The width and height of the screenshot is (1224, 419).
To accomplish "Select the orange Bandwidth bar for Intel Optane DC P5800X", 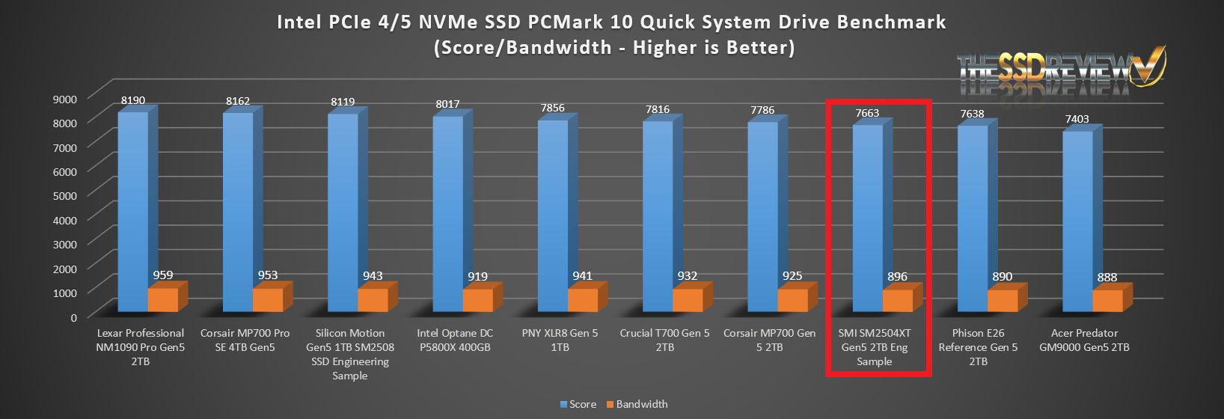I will [x=477, y=300].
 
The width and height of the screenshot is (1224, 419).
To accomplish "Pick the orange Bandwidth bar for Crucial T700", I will [x=687, y=300].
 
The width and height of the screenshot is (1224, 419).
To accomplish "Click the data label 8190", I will [x=133, y=100].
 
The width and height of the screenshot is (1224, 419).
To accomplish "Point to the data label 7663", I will [x=867, y=113].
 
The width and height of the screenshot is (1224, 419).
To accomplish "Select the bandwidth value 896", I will [x=897, y=276].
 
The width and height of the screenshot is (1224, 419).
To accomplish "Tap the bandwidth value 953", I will [x=268, y=275].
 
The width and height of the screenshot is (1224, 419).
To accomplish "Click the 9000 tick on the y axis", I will [x=64, y=99].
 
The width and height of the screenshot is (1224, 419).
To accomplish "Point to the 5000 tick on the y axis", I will [x=64, y=195].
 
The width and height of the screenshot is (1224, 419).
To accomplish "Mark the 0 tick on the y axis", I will [x=73, y=317].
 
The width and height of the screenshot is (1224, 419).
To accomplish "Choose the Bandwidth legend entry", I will [x=637, y=404].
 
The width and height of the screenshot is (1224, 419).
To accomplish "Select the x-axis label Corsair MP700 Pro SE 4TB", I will [x=245, y=340].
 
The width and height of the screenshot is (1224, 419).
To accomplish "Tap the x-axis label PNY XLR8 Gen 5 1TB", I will [x=560, y=340].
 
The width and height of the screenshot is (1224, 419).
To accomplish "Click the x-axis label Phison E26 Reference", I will [x=978, y=346].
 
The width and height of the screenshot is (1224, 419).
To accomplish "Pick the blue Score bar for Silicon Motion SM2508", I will [x=343, y=212].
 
